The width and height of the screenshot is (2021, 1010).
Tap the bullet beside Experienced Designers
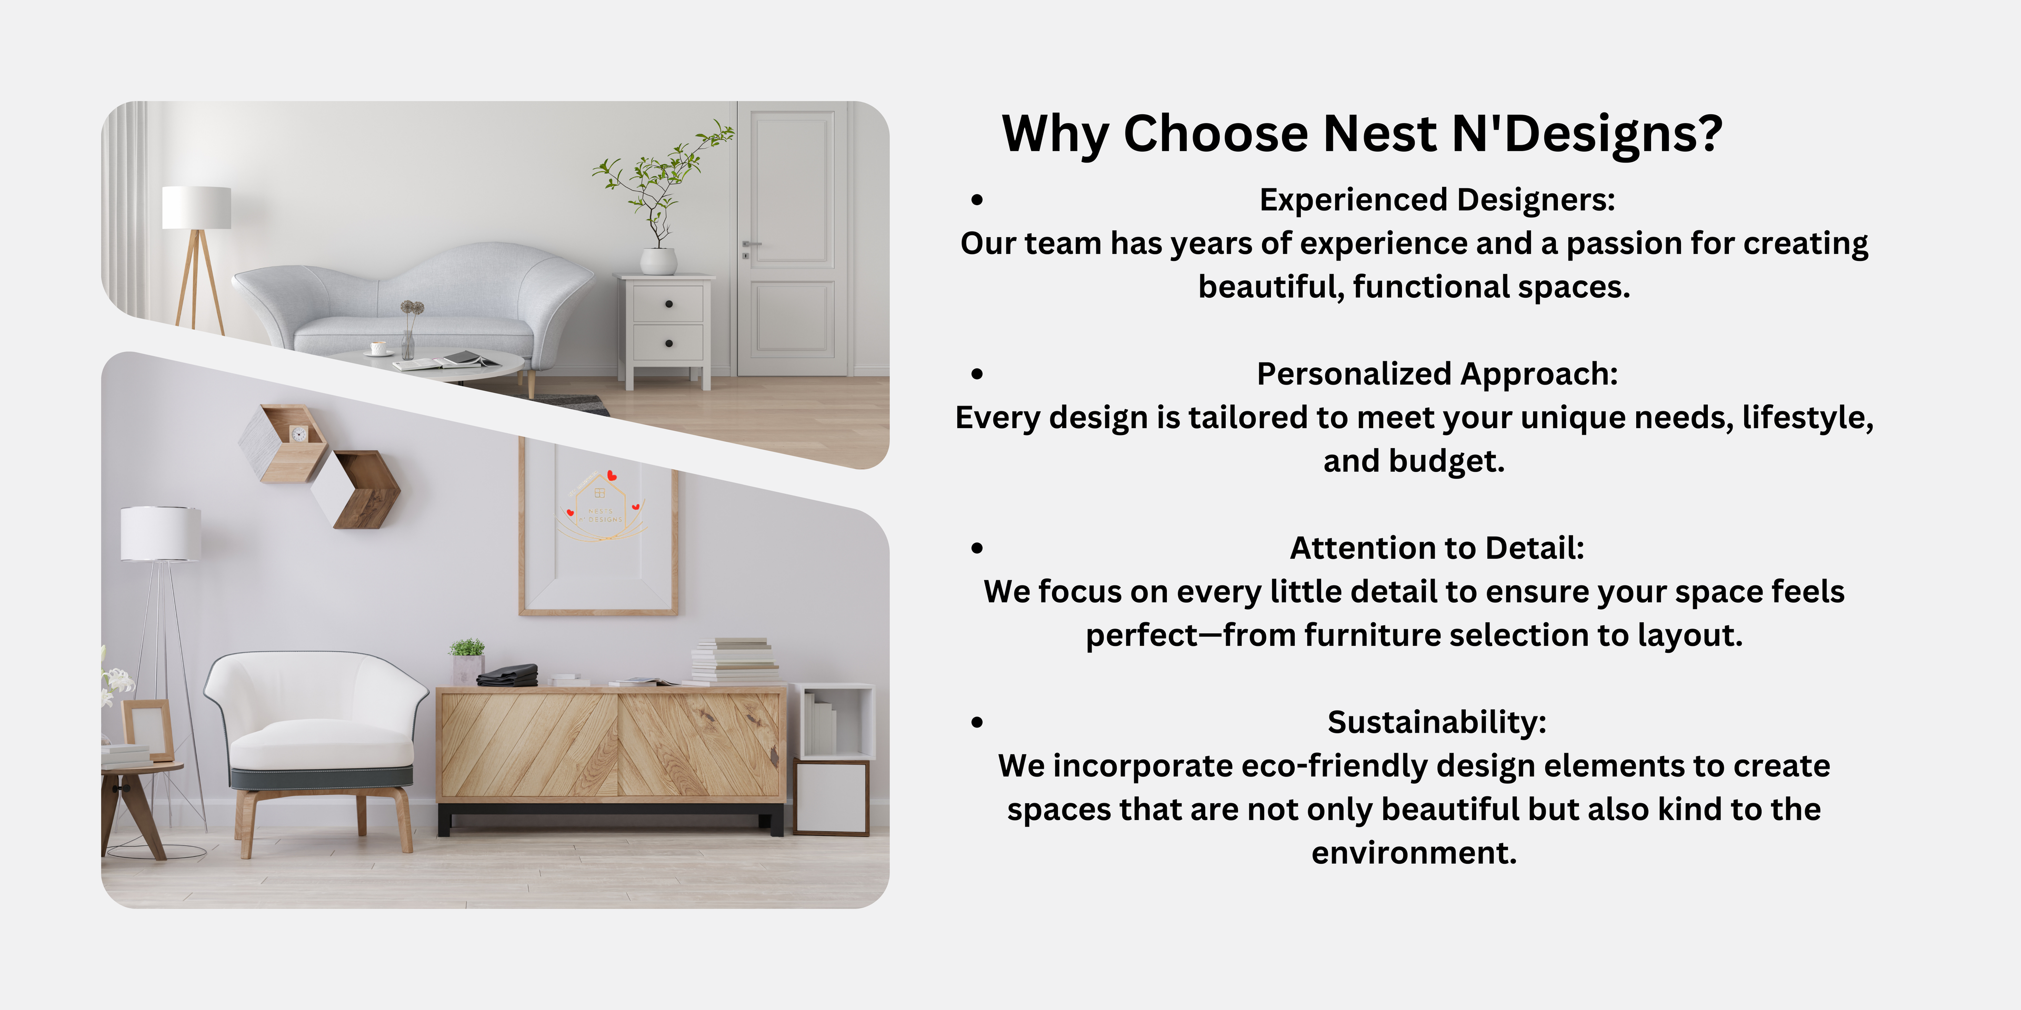(977, 200)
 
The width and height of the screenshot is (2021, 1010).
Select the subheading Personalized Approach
(1437, 374)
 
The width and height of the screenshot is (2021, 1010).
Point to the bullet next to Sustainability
(977, 722)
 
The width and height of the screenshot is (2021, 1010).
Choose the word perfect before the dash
(1142, 635)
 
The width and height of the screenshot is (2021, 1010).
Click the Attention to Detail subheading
(1437, 548)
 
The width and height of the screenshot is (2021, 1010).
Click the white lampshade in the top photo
(196, 207)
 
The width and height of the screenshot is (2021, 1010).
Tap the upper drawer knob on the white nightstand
(668, 304)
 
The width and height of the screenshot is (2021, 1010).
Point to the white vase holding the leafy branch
(658, 261)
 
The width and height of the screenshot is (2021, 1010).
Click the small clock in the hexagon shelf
(299, 433)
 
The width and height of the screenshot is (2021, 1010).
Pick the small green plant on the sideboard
(467, 648)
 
